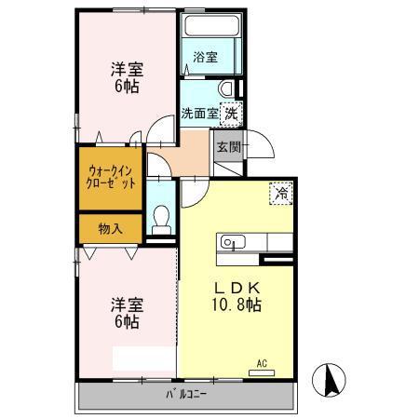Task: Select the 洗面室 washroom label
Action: pos(198,114)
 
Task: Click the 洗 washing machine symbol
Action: pos(228,113)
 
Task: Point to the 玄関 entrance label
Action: pos(228,147)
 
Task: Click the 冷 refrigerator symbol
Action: pos(279,194)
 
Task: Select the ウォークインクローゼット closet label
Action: pos(112,177)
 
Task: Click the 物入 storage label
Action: pos(110,229)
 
